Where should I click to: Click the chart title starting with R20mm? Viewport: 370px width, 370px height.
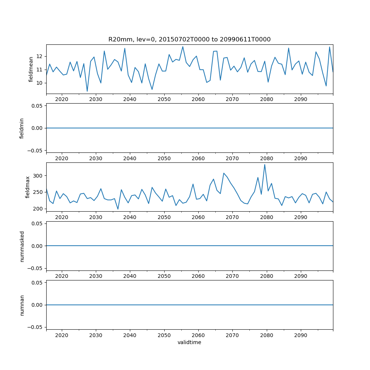[189, 39]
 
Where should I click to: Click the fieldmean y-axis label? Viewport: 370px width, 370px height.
[31, 69]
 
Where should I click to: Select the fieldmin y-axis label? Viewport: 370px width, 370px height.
[22, 128]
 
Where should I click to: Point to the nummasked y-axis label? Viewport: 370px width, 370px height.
[22, 246]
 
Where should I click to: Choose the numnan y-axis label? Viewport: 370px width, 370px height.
[22, 305]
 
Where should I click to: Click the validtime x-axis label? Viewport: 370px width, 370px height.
[189, 342]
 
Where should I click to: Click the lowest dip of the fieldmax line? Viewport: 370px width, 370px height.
[118, 209]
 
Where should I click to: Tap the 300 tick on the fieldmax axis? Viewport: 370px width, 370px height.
[38, 175]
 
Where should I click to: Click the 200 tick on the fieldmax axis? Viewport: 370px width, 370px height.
[38, 209]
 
